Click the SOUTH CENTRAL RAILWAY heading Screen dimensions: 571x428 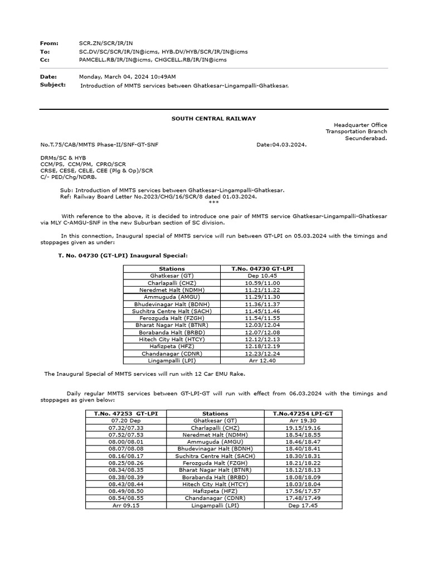(x=214, y=118)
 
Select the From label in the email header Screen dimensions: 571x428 (x=49, y=43)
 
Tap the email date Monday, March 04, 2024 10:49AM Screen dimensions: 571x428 (x=128, y=76)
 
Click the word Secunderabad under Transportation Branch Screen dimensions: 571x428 (x=366, y=138)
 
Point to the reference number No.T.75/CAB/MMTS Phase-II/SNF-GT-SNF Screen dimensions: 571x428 (x=99, y=144)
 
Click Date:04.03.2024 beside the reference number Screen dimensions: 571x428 (x=281, y=144)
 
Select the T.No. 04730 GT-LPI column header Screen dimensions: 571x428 (x=262, y=269)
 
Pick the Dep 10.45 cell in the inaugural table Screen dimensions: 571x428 (x=262, y=275)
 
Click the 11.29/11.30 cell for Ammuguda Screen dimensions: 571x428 (x=262, y=297)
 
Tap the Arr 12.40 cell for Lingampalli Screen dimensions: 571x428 (x=262, y=360)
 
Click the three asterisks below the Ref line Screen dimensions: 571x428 (x=213, y=202)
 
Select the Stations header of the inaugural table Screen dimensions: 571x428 (x=172, y=269)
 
